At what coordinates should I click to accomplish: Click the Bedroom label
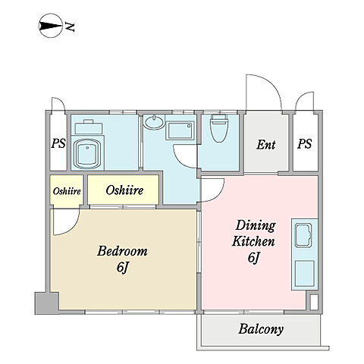pos(122,251)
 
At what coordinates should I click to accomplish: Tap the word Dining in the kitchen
pos(256,225)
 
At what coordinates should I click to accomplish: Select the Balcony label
pos(261,329)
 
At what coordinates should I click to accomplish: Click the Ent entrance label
pos(266,145)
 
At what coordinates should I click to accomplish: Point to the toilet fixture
pos(219,128)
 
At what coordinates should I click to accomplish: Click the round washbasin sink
pos(154,123)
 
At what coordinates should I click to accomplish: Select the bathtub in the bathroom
pos(88,152)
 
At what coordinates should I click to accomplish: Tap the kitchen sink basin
pos(304,235)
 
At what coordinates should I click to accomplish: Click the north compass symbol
pos(51,26)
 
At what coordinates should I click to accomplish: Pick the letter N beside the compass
pos(70,27)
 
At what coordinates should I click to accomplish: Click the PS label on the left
pos(58,143)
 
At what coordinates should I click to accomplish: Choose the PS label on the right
pos(304,144)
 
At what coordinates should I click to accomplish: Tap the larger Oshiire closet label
pos(124,190)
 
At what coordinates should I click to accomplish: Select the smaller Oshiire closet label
pos(67,191)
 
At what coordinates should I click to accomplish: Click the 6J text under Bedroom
pos(123,268)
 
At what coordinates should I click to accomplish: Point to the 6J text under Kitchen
pos(254,258)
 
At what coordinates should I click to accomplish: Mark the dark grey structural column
pos(47,303)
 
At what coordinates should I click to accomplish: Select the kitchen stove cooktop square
pos(305,273)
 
